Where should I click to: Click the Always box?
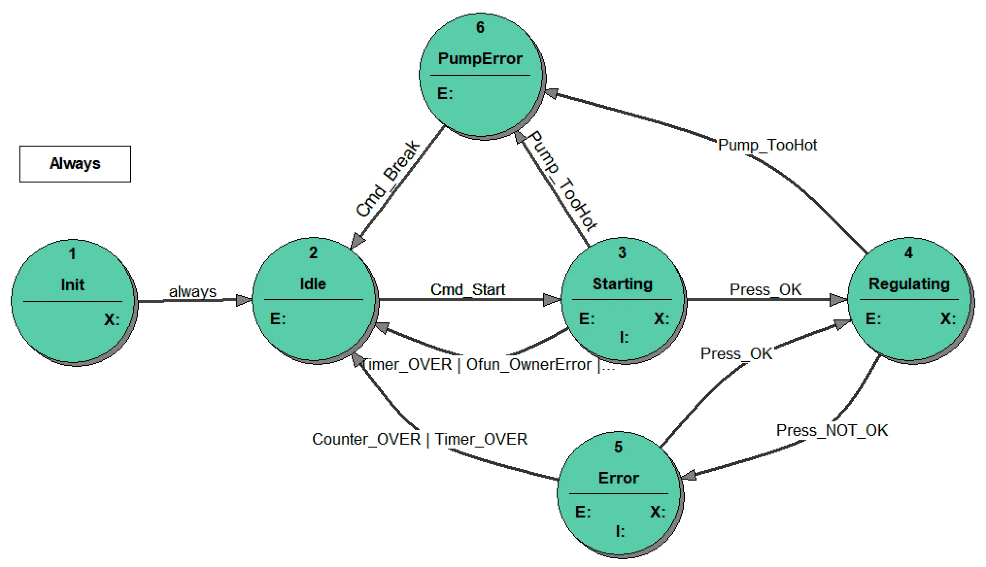(75, 164)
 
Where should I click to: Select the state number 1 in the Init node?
(72, 254)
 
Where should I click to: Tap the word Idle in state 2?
(313, 284)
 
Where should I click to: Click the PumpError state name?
(480, 59)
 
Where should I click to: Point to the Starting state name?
(622, 284)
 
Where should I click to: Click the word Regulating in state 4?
(909, 284)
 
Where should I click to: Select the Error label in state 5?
(618, 478)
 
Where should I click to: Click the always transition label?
(192, 292)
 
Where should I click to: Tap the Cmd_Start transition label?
(468, 290)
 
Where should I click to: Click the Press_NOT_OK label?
(832, 431)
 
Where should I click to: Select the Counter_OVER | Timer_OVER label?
(419, 439)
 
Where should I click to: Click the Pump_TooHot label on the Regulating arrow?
(767, 145)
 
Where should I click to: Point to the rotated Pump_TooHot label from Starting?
(562, 181)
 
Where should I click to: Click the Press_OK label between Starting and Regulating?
(765, 290)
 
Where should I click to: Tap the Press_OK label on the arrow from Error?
(736, 354)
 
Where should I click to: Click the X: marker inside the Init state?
(112, 320)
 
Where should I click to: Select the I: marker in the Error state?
(620, 532)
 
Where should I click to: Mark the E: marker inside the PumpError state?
(445, 94)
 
